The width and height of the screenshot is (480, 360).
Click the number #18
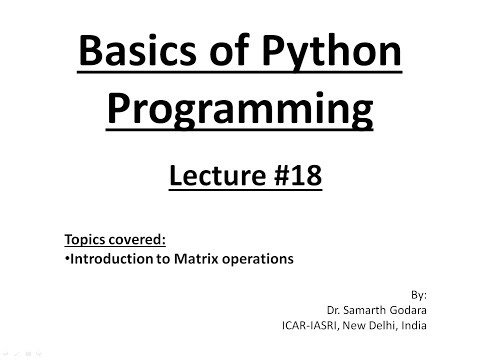(x=290, y=178)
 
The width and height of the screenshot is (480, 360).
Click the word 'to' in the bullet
(x=150, y=259)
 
